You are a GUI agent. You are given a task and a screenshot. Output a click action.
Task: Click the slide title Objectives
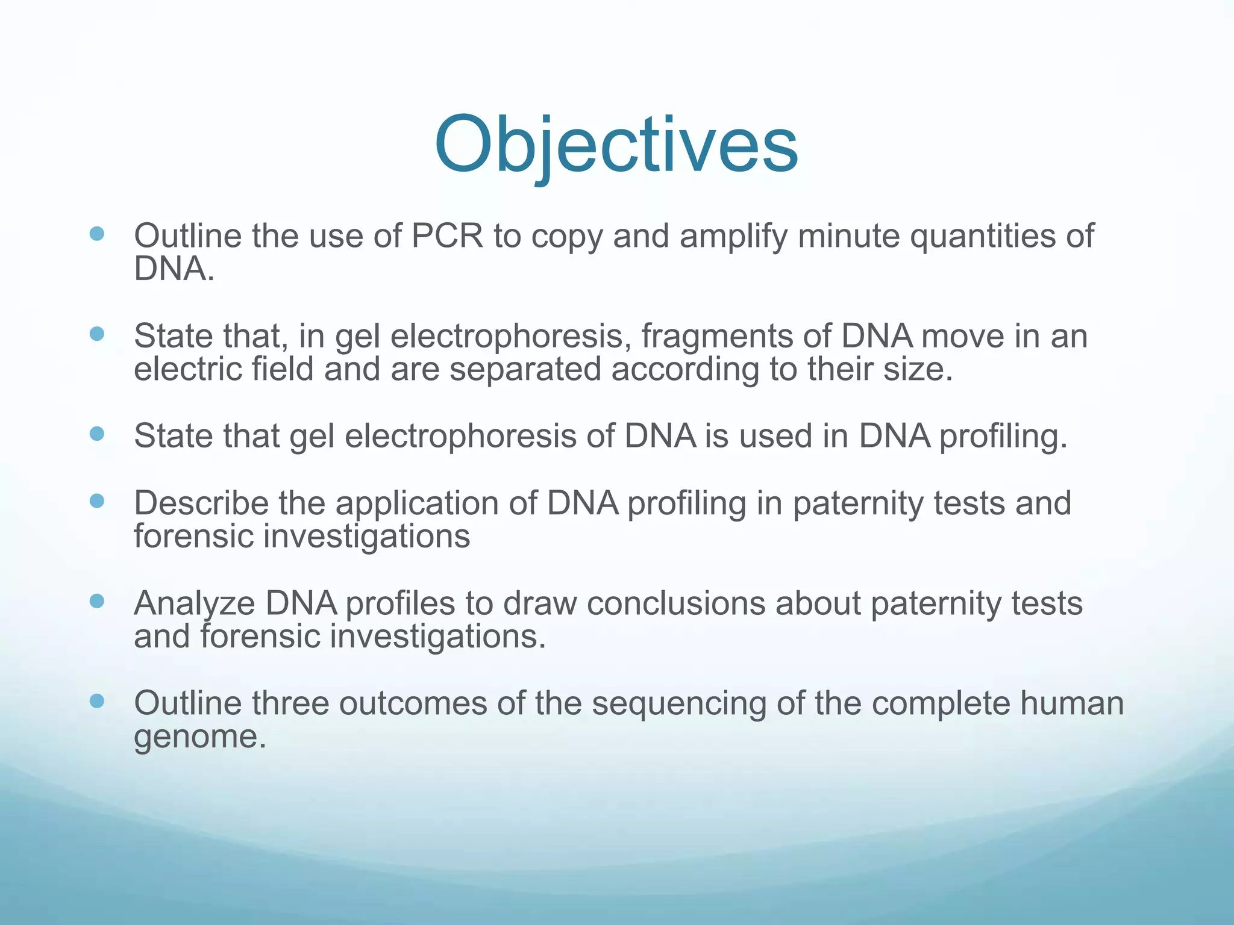(x=616, y=146)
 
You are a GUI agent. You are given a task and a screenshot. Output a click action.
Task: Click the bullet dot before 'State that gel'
(x=96, y=434)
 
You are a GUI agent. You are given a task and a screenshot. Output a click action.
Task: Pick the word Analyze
(x=195, y=603)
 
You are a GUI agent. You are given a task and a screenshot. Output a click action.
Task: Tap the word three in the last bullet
(x=290, y=703)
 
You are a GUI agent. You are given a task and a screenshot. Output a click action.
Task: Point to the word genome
(x=199, y=737)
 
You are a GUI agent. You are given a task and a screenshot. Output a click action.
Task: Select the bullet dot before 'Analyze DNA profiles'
(x=96, y=601)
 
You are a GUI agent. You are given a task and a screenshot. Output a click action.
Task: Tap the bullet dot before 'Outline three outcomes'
(x=96, y=701)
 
